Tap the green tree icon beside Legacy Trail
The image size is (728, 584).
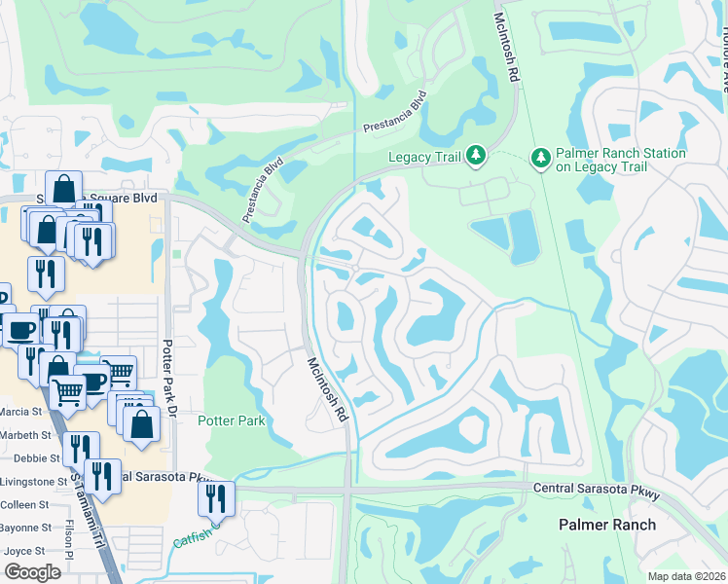(x=476, y=156)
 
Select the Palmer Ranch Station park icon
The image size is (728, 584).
(x=540, y=157)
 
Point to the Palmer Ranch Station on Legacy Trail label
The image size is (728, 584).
(x=620, y=161)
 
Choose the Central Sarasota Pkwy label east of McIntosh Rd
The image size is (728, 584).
(x=597, y=490)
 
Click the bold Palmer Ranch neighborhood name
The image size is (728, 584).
(x=607, y=525)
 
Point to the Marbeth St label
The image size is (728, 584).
(x=25, y=434)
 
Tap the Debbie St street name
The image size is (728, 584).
(x=31, y=457)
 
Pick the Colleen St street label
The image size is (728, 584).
(x=24, y=504)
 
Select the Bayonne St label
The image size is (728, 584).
(x=25, y=528)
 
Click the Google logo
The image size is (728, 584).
(x=32, y=572)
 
